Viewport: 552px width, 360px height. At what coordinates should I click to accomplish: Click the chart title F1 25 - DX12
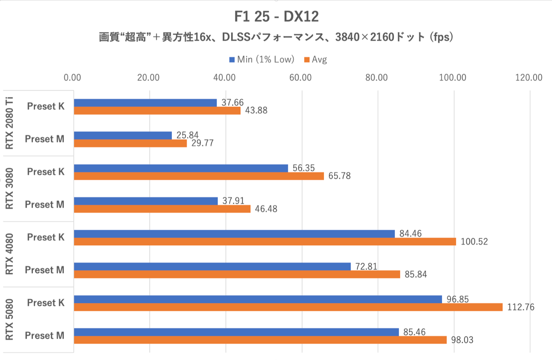coord(276,17)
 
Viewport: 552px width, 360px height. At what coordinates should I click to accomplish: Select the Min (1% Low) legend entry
coord(262,60)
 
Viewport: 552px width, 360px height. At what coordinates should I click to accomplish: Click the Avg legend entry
coord(316,60)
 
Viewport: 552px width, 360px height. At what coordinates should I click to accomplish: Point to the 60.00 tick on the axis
coord(300,78)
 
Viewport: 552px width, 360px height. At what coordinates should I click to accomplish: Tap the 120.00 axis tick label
coord(528,78)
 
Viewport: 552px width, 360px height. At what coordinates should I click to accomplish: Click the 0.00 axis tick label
coord(72,78)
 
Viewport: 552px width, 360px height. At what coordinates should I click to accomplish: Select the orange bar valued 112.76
coord(288,307)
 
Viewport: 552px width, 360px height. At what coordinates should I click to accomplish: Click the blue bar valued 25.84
coord(123,135)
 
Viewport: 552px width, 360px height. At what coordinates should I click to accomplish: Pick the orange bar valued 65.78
coord(199,176)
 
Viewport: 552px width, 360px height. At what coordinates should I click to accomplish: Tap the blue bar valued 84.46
coord(234,234)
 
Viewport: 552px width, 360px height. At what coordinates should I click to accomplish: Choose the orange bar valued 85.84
coord(237,274)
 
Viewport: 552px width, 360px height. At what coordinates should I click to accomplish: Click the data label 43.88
coord(256,111)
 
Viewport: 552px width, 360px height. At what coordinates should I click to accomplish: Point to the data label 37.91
coord(233,201)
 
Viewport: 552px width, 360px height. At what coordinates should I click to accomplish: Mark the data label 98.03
coord(462,340)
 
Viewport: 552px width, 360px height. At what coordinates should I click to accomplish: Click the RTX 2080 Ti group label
coord(9,123)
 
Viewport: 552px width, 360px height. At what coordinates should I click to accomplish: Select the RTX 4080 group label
coord(9,254)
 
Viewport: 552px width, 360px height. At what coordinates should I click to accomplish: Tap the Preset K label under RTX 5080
coord(46,303)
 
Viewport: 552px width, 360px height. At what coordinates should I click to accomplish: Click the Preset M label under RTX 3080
coord(44,205)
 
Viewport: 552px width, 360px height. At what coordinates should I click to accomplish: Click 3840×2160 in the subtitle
coord(365,37)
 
